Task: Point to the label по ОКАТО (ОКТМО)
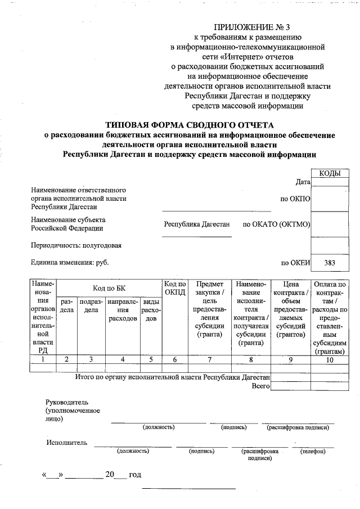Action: coord(277,224)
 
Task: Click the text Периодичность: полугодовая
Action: coord(76,245)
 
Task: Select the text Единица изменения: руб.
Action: coord(70,263)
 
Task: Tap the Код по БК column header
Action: coord(109,289)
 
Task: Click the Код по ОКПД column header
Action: coord(175,289)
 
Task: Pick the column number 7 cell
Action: coord(210,359)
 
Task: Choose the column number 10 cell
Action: coord(330,359)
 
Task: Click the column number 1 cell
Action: coord(43,359)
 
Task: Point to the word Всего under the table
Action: coord(261,386)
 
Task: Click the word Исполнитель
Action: coord(67,443)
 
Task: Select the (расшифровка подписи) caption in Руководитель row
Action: coord(298,427)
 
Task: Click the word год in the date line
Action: coord(135,475)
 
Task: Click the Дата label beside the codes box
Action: coord(303,182)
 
